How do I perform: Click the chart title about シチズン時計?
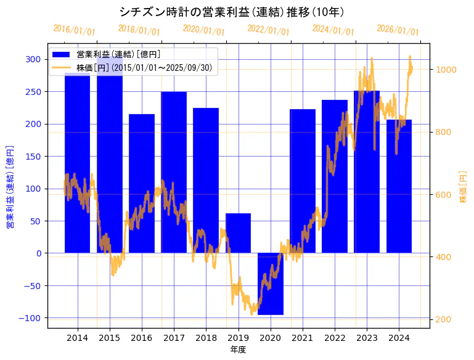coord(231,12)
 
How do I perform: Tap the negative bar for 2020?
coord(270,284)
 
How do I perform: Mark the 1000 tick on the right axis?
coord(446,70)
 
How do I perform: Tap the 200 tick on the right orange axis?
coord(444,319)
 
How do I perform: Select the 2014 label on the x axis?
coord(77,338)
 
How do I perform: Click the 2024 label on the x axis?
coord(399,338)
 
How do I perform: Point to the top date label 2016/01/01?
coord(74,30)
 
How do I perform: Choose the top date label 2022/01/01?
coord(268,30)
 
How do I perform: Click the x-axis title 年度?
coord(238,350)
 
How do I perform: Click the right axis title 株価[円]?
coord(463,187)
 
